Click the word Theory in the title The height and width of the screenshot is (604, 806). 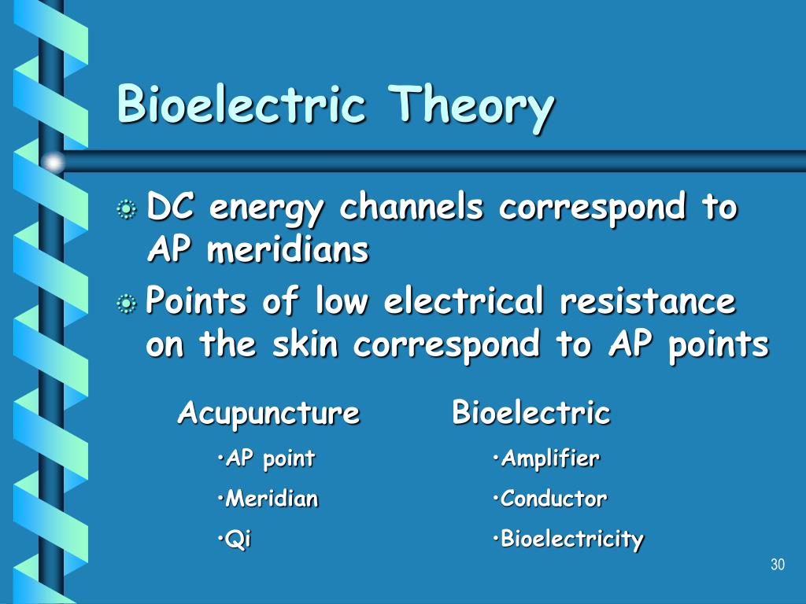471,108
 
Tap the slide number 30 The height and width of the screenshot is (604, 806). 778,565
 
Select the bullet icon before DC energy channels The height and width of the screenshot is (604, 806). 127,209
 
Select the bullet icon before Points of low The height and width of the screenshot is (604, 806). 127,304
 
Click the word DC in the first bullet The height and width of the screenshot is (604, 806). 170,206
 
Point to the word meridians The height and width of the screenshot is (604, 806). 288,249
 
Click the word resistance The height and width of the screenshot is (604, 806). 648,300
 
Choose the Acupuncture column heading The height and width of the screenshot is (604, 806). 268,413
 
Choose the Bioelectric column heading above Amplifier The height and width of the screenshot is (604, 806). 531,412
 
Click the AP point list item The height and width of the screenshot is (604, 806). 266,459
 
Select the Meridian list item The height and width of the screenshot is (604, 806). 268,498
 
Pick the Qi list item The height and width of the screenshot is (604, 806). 235,540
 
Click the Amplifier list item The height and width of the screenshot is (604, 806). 546,459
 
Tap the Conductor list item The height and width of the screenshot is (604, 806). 549,498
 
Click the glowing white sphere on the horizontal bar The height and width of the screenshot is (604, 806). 54,162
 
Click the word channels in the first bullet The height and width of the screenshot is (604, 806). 411,206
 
